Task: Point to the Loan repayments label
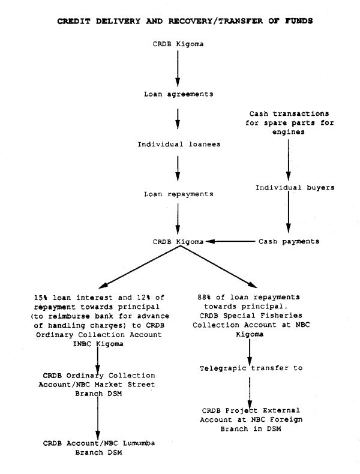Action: (177, 194)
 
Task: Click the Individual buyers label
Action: (287, 187)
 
